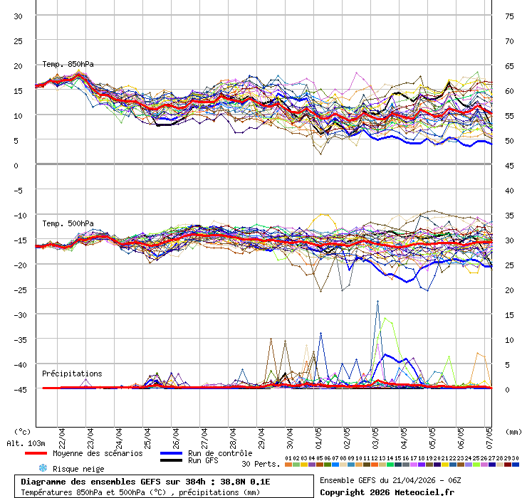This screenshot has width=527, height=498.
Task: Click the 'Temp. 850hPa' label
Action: point(68,64)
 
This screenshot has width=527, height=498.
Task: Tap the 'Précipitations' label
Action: point(72,373)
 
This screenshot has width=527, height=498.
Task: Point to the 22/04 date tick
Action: point(62,435)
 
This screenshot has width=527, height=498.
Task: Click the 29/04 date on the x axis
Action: point(261,435)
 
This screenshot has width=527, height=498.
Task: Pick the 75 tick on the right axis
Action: point(509,16)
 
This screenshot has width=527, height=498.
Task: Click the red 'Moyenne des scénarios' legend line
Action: point(36,453)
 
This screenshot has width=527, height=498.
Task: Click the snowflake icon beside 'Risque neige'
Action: point(42,468)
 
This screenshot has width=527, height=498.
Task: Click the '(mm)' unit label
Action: point(513,431)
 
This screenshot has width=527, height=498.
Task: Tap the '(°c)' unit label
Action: point(22,431)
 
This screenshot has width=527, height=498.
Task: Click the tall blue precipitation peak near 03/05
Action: point(377,302)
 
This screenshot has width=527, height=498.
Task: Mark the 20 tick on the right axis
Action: point(509,290)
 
